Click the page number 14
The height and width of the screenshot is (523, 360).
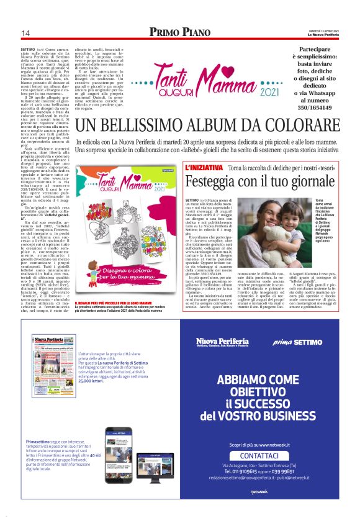pos(25,33)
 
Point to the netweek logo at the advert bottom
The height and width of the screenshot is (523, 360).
pos(259,507)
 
